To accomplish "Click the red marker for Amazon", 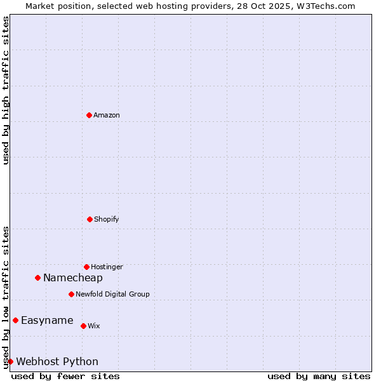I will pyautogui.click(x=89, y=115).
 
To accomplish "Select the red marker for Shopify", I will pyautogui.click(x=90, y=219).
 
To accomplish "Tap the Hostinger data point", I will pyautogui.click(x=86, y=267).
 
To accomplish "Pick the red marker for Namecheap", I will pyautogui.click(x=37, y=277).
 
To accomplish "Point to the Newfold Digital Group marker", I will pyautogui.click(x=71, y=294).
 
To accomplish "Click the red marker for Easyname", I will pyautogui.click(x=15, y=320).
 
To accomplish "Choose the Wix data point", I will pyautogui.click(x=83, y=326).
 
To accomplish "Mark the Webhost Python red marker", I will pyautogui.click(x=10, y=361).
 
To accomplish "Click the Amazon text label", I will pyautogui.click(x=107, y=115).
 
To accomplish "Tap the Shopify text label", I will pyautogui.click(x=107, y=219).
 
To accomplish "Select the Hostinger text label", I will pyautogui.click(x=107, y=267).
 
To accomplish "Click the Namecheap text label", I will pyautogui.click(x=73, y=277).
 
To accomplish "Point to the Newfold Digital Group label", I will pyautogui.click(x=112, y=294).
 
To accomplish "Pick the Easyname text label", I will pyautogui.click(x=47, y=320).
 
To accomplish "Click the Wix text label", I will pyautogui.click(x=94, y=326).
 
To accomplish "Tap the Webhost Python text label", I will pyautogui.click(x=57, y=361).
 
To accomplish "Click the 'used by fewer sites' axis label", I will pyautogui.click(x=65, y=376).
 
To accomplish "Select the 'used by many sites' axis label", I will pyautogui.click(x=319, y=376).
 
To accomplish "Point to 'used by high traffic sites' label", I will pyautogui.click(x=6, y=90).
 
